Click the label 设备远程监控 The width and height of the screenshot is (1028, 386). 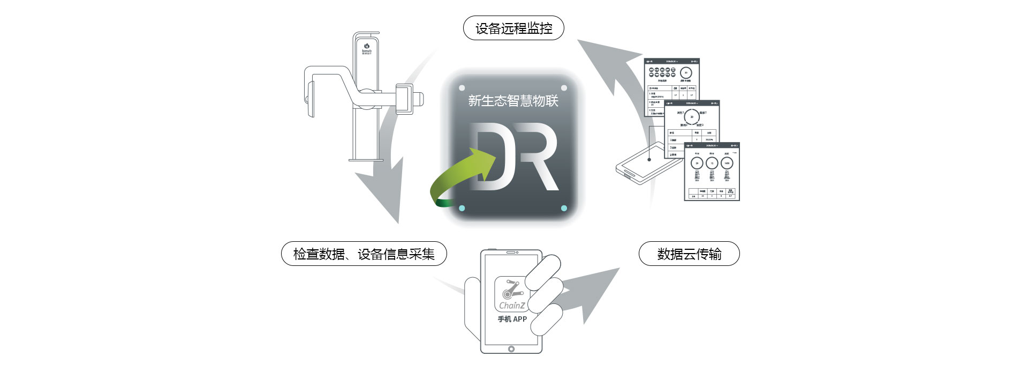coord(513,28)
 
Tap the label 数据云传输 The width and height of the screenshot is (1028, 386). coord(689,254)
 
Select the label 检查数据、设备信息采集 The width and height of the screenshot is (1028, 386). coord(364,254)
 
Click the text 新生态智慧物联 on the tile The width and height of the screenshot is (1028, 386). coord(513,101)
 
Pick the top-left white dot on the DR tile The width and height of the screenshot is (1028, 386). coord(462,88)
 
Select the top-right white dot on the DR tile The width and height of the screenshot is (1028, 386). coord(564,88)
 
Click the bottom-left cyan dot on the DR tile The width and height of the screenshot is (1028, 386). coord(462,208)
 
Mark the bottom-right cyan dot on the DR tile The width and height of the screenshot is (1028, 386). coord(564,208)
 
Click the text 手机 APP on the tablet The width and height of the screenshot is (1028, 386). coord(512,319)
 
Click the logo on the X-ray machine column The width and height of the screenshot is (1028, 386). coord(367,48)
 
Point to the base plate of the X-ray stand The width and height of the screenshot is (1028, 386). coord(366,159)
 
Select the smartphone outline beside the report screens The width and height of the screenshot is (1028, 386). coord(640,164)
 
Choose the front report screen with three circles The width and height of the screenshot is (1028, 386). coord(712,172)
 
